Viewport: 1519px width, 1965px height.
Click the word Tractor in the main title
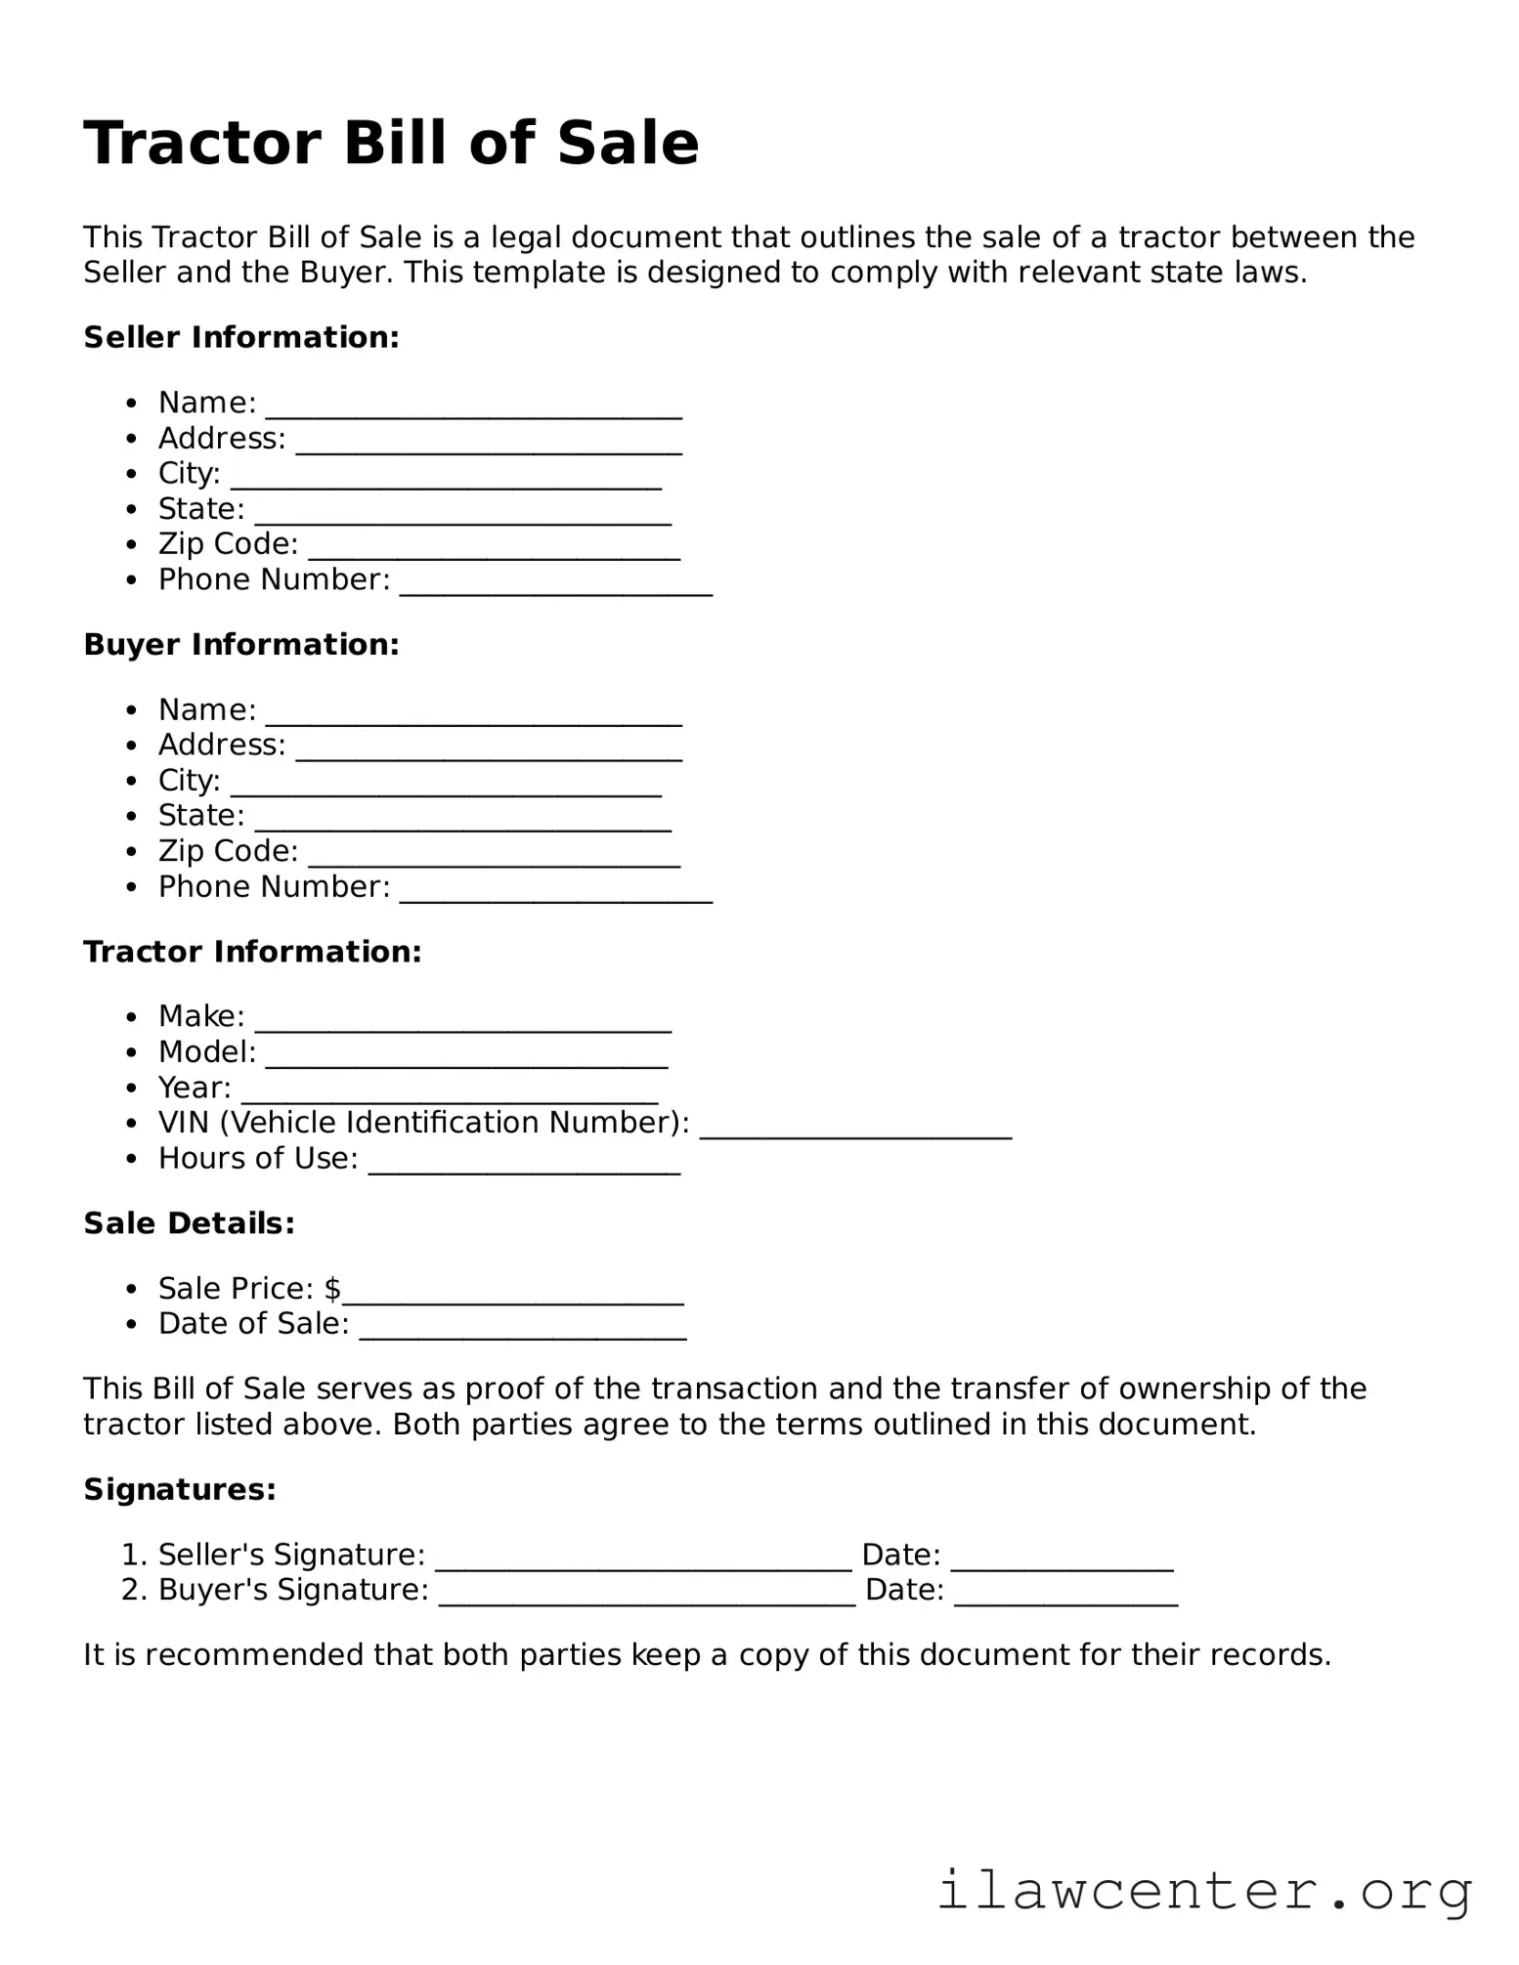[x=201, y=144]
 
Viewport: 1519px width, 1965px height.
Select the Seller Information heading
[x=241, y=337]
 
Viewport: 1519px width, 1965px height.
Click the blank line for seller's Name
[x=473, y=410]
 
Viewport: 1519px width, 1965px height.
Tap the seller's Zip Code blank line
[x=494, y=552]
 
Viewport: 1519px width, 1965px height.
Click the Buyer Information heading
[x=241, y=645]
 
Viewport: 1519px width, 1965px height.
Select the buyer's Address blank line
[x=489, y=752]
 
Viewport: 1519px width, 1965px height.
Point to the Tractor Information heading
[x=252, y=952]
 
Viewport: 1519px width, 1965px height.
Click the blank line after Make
[x=462, y=1024]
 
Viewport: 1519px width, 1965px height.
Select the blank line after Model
[x=466, y=1059]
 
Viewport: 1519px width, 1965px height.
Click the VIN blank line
[x=855, y=1131]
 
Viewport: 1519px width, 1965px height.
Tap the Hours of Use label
[x=258, y=1159]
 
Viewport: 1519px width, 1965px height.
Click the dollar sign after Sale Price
[x=333, y=1289]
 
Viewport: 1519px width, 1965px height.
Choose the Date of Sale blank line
[x=522, y=1331]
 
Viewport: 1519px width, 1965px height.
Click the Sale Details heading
[x=189, y=1223]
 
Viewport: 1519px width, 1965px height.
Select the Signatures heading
[x=180, y=1489]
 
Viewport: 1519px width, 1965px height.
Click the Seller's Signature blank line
[x=643, y=1562]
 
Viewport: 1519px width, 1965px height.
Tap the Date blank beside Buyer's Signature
[x=1065, y=1598]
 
